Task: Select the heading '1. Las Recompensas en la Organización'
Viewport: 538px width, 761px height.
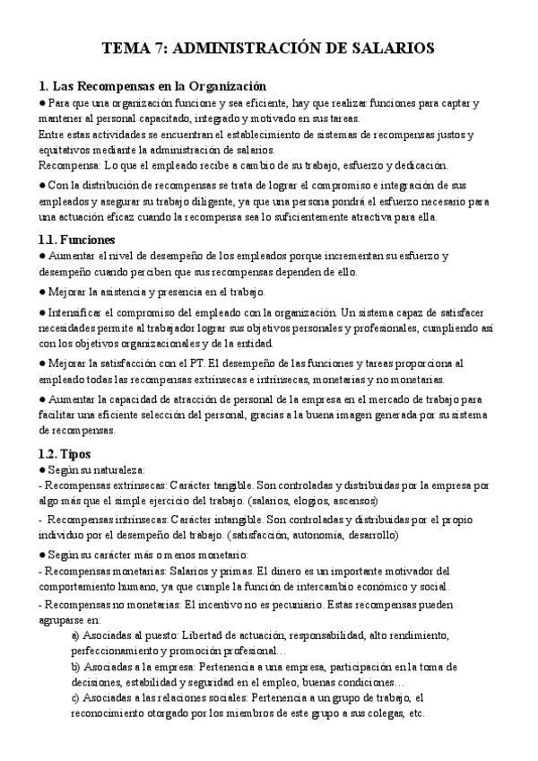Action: click(152, 86)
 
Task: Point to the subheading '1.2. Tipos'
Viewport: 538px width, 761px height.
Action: click(65, 453)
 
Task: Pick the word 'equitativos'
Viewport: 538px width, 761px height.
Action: click(66, 150)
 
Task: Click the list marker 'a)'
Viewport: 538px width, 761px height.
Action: click(75, 635)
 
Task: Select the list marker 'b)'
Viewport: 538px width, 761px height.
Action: click(75, 667)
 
